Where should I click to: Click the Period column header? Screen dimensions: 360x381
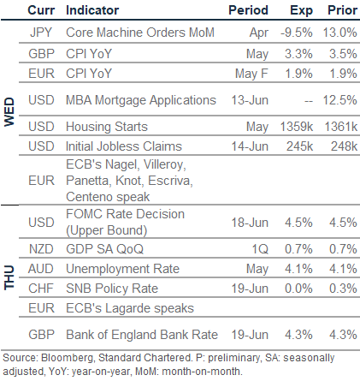pos(248,10)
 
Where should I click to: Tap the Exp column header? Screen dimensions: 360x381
pos(301,11)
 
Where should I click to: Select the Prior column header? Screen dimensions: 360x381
pos(342,10)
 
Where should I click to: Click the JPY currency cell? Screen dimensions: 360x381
pos(41,33)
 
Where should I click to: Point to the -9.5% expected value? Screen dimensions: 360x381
pos(297,33)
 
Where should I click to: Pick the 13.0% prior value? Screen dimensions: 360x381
pos(339,33)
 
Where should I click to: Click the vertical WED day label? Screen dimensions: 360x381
pos(9,111)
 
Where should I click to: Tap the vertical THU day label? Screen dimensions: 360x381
pos(9,277)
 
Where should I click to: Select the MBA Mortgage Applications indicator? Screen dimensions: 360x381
pos(141,100)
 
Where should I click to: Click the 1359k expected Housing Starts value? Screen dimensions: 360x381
pos(297,127)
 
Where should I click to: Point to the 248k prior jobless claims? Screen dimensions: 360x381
pos(344,146)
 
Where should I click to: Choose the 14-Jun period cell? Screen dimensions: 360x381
pos(250,146)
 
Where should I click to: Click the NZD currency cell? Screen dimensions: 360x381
pos(41,249)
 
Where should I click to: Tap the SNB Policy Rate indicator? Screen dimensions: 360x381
pos(112,289)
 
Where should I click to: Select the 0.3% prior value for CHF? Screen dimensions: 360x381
pos(343,289)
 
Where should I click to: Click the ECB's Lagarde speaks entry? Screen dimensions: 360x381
pos(130,308)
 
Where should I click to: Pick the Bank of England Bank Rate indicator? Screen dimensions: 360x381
pos(142,335)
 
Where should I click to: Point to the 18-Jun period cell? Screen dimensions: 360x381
pos(250,223)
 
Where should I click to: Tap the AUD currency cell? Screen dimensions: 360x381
pos(41,269)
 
